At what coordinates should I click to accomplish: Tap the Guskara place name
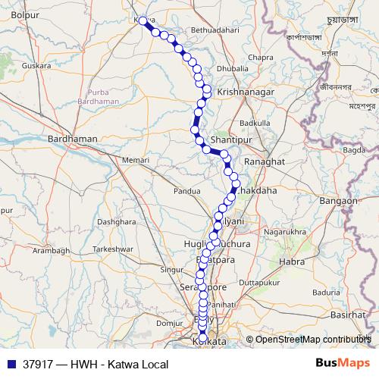point(36,65)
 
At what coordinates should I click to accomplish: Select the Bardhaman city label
point(73,139)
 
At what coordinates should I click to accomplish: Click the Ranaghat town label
point(264,162)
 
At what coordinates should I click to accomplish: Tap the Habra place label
point(292,262)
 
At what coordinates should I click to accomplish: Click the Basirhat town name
point(348,313)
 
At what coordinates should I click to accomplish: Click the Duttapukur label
point(260,282)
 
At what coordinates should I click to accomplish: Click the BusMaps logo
point(342,362)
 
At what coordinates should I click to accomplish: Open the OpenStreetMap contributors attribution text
point(313,340)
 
